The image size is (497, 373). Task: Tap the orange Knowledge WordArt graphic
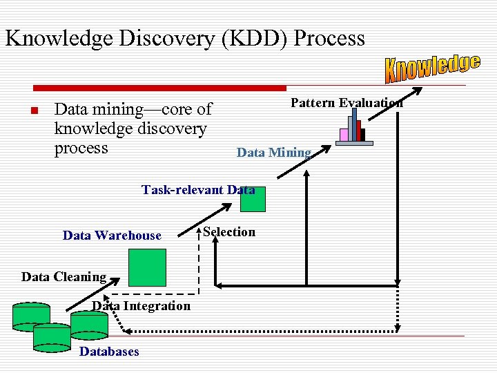[432, 67]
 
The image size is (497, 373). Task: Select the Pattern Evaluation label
[347, 103]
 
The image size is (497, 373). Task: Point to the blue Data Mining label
[274, 153]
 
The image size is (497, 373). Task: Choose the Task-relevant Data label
[198, 189]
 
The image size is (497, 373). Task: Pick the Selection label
[229, 232]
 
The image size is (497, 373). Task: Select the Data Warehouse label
[112, 236]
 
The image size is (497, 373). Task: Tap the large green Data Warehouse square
[148, 267]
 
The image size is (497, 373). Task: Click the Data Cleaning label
[64, 277]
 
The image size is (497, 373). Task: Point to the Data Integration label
[142, 306]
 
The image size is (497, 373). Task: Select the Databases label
[109, 352]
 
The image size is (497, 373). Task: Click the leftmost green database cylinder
[31, 316]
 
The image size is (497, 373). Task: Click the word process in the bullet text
[81, 148]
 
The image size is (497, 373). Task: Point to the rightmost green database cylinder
[89, 323]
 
